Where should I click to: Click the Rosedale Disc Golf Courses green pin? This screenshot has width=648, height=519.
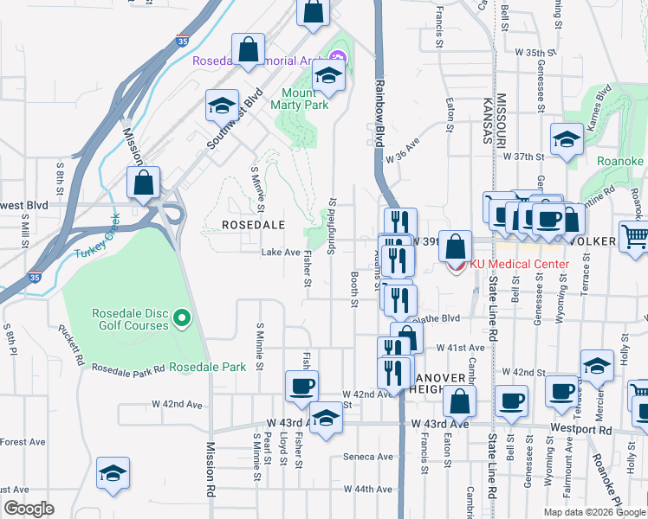pos(181,319)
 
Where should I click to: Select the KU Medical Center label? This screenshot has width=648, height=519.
pos(520,265)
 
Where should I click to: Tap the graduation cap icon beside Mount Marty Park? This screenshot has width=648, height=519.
pos(329,78)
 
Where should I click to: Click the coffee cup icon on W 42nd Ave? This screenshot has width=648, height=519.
pos(301,386)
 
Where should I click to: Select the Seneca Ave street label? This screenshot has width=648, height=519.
pos(368,457)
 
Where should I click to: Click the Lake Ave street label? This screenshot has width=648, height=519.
pos(281,253)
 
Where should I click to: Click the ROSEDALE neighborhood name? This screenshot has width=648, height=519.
pos(254,224)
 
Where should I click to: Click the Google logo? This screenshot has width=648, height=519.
pos(29,509)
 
